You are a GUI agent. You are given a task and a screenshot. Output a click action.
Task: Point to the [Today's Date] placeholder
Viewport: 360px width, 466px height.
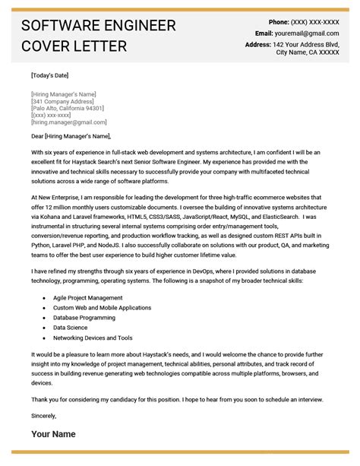pos(50,76)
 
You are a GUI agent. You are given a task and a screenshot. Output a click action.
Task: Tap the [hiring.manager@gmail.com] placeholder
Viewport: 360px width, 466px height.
pos(68,122)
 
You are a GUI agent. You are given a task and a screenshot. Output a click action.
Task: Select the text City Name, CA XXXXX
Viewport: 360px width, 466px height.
pos(307,52)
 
